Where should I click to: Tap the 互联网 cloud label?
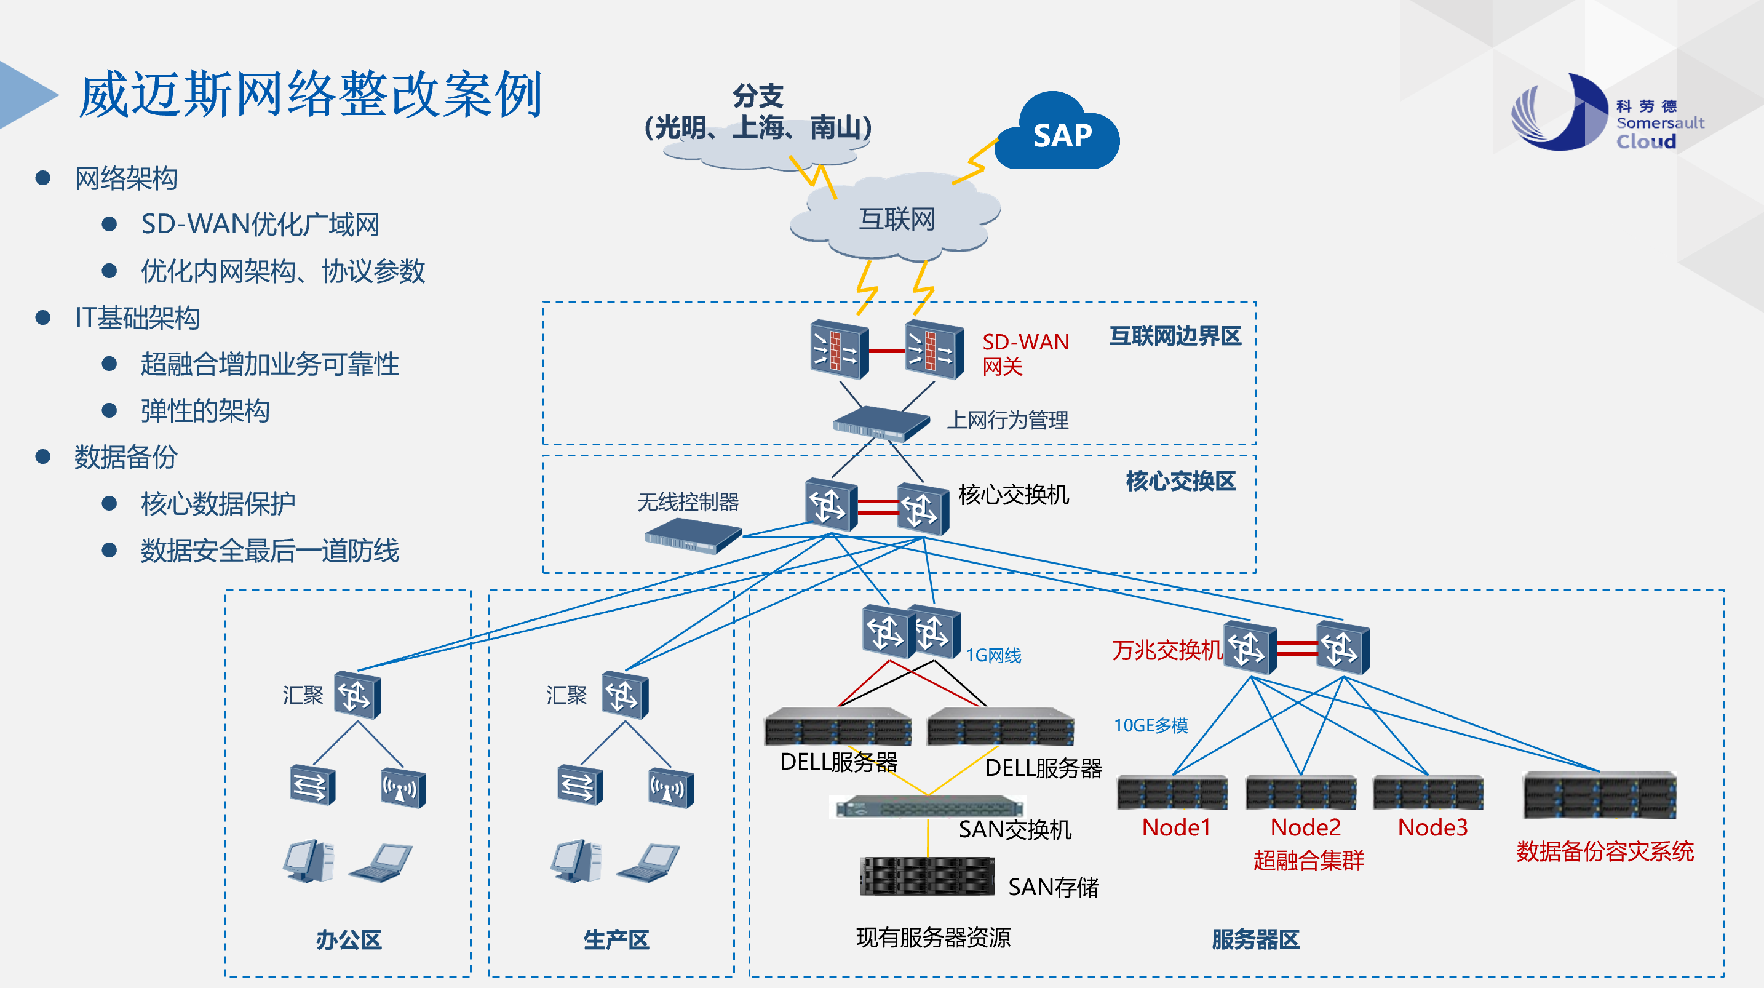click(896, 219)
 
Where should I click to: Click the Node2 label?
click(1305, 827)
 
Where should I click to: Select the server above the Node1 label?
click(1172, 793)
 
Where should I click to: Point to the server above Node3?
click(1428, 793)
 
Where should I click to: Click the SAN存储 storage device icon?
click(927, 876)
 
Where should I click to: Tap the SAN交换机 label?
click(1015, 830)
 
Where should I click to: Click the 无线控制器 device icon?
click(693, 535)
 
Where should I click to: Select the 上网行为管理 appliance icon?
click(880, 423)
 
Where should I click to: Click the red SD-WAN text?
click(1025, 342)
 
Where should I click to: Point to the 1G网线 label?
click(993, 656)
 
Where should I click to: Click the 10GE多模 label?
click(1150, 725)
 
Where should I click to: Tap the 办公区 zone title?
click(349, 939)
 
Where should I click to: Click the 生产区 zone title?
click(616, 939)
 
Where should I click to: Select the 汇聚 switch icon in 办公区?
click(357, 695)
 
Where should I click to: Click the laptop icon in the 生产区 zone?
click(648, 863)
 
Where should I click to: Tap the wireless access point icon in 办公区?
click(403, 788)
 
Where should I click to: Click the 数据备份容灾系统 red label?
click(1605, 851)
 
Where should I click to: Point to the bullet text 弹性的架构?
click(205, 411)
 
